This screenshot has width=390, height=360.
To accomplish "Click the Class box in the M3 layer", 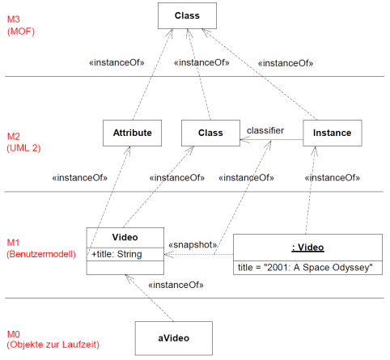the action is click(187, 15).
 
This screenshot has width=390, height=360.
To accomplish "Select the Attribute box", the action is click(132, 133).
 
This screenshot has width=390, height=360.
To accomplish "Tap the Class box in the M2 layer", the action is click(210, 133).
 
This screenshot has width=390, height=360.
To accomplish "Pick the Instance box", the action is click(333, 133).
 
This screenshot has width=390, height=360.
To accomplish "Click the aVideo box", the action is click(174, 338).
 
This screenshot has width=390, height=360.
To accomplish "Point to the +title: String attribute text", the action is click(117, 254).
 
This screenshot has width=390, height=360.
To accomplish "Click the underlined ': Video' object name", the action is click(307, 248).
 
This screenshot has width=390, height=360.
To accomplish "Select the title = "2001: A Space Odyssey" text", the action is click(305, 268).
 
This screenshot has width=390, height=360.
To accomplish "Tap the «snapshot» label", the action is click(193, 244).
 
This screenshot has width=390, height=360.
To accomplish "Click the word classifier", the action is click(265, 130).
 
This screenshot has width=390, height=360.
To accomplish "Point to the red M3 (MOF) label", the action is click(21, 25).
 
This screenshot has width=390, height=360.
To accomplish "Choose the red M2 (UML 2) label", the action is click(23, 142).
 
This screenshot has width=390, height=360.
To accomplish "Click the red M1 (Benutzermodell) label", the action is click(41, 248).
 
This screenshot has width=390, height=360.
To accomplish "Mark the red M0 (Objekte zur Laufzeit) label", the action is click(53, 339).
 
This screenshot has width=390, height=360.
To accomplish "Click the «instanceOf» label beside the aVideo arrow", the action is click(176, 285).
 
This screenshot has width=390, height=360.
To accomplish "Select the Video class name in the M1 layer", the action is click(125, 237).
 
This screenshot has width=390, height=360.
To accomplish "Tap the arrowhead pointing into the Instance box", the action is click(314, 150).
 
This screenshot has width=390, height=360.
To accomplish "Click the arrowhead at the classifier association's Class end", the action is click(244, 140).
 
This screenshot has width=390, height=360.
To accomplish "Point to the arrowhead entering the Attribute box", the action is click(128, 150).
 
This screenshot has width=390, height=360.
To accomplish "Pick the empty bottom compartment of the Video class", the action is click(125, 268).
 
